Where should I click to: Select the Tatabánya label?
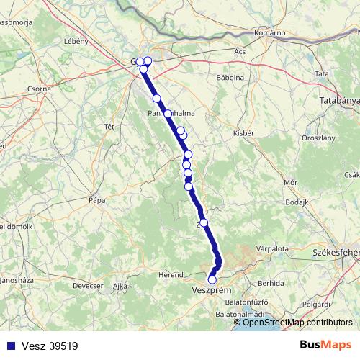[340, 101]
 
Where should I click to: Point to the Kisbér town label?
[243, 132]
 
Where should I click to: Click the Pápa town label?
[96, 199]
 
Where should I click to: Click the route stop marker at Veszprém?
[212, 279]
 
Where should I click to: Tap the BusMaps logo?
[325, 345]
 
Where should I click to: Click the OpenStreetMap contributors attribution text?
[297, 323]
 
